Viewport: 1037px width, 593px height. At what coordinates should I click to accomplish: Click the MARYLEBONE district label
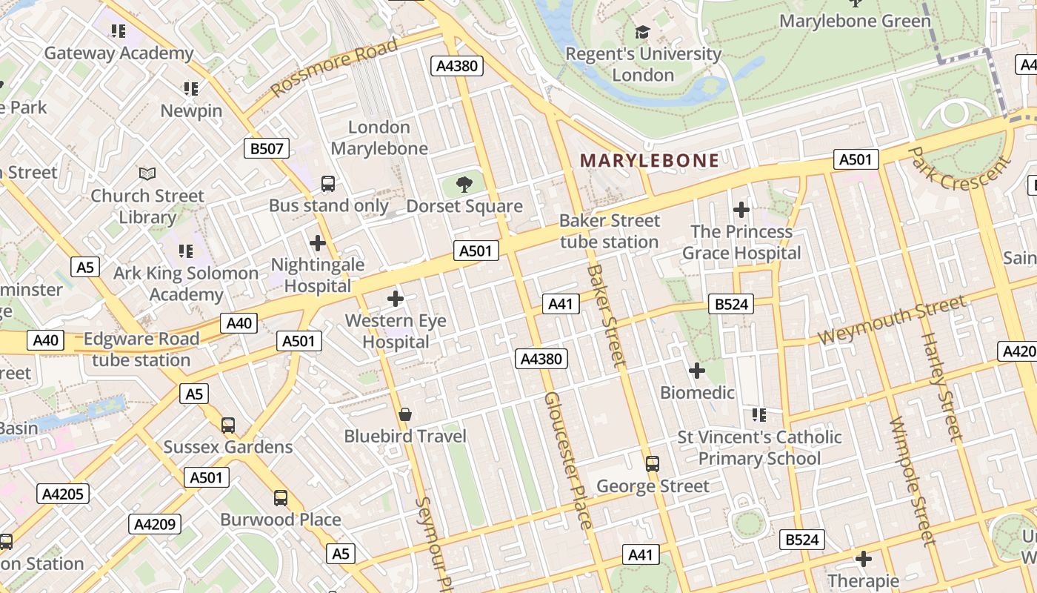pos(649,160)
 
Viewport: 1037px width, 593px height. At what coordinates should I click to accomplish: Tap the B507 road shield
pos(266,148)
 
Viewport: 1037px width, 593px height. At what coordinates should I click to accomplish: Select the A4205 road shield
pos(63,494)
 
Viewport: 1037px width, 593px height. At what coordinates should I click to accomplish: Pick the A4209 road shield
pos(155,524)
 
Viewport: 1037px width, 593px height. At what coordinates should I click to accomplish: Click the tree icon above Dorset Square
pos(464,184)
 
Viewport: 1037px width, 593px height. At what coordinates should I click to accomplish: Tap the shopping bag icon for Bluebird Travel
pos(404,414)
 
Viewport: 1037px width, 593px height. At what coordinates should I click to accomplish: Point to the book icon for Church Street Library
pos(147,173)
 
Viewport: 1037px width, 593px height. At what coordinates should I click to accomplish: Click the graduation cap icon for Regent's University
pos(642,32)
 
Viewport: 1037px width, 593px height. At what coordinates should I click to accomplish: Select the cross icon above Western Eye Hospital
pos(396,299)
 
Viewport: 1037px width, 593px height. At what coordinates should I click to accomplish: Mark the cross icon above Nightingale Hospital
pos(317,242)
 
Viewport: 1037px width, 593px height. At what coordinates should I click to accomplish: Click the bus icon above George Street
pos(652,464)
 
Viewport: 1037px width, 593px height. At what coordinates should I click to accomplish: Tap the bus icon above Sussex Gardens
pos(228,425)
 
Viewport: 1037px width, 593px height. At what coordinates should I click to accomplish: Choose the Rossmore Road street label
pos(334,67)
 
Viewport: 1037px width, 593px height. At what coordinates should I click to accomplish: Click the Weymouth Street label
pos(892,320)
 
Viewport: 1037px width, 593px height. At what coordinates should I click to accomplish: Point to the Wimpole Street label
pos(913,482)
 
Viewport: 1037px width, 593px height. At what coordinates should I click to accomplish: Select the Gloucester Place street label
pos(568,460)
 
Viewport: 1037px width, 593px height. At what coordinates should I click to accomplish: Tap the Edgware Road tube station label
pos(141,350)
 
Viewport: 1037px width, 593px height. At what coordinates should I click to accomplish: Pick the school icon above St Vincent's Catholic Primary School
pos(758,414)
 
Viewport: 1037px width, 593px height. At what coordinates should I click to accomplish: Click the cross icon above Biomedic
pos(696,370)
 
